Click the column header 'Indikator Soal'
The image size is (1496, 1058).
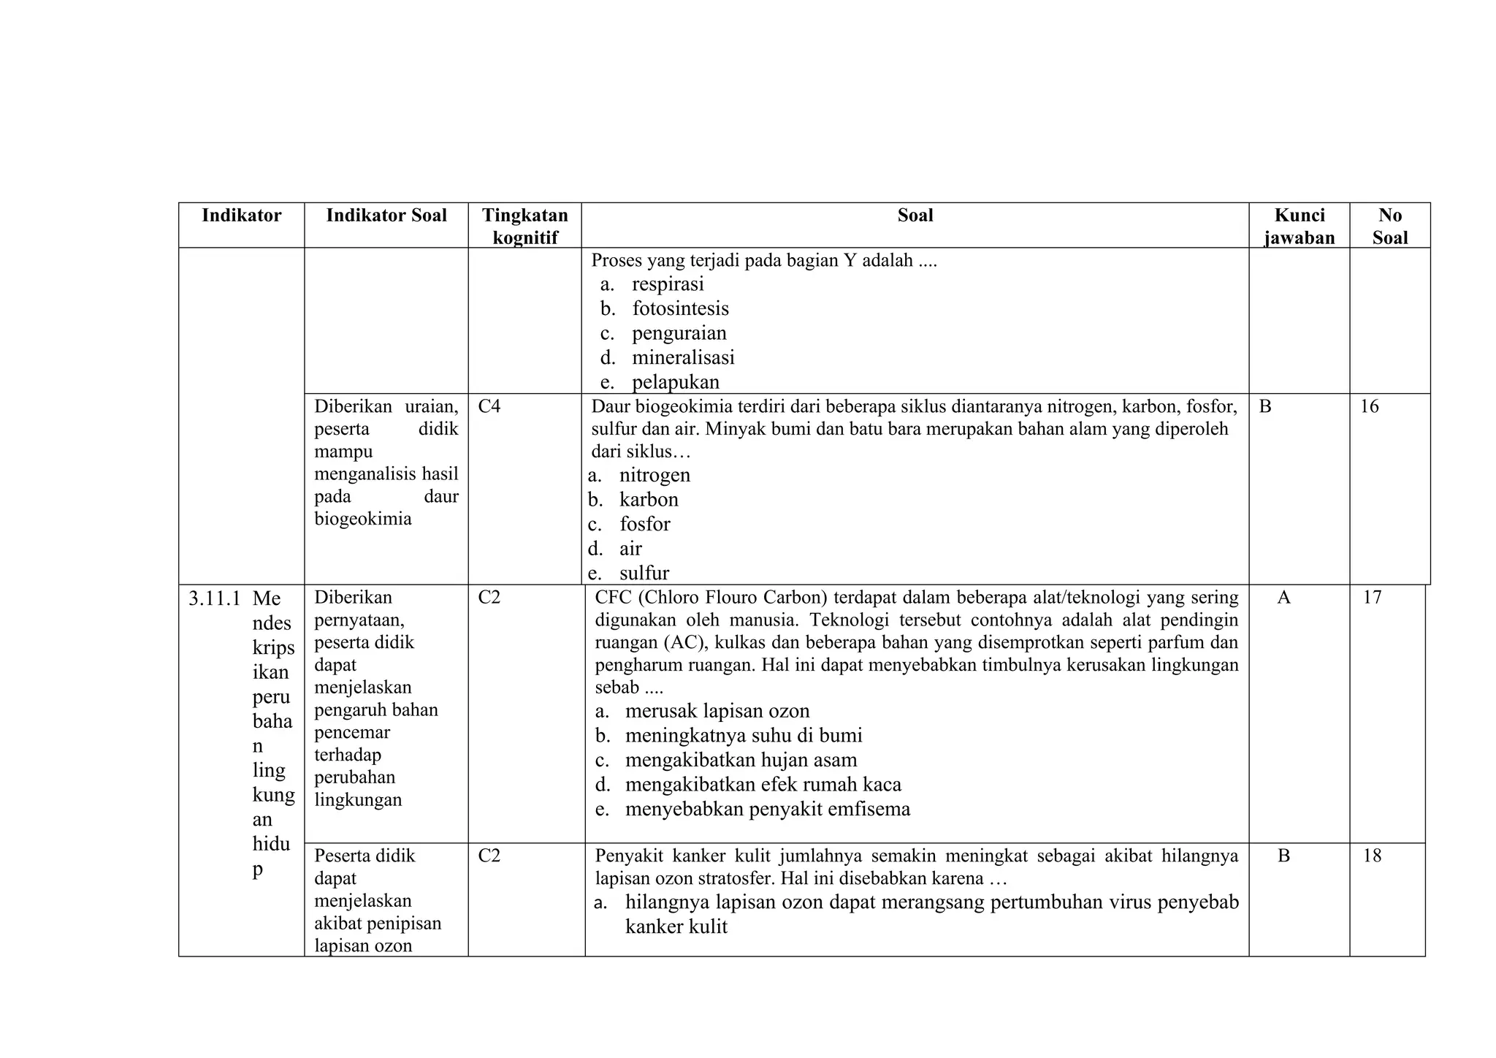(x=386, y=216)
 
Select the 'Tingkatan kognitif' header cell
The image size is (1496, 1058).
(x=524, y=226)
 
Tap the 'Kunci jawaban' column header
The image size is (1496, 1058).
(x=1299, y=226)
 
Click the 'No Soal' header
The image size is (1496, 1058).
(x=1389, y=226)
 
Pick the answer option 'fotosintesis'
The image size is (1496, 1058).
(x=680, y=308)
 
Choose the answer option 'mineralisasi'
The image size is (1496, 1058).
(x=683, y=357)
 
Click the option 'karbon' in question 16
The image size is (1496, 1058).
(x=649, y=500)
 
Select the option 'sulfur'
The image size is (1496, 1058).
(x=644, y=573)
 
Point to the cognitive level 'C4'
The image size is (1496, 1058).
(x=489, y=406)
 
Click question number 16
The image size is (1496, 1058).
(x=1369, y=406)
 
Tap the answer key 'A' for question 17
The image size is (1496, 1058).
(x=1283, y=598)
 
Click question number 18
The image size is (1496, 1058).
(x=1372, y=856)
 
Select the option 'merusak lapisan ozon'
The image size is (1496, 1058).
(x=717, y=711)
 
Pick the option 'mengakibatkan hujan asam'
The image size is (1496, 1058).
(x=741, y=760)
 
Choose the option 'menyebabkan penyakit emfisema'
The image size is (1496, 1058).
(x=767, y=809)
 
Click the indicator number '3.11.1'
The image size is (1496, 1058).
(x=214, y=599)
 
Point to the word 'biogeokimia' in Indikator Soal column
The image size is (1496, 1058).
(x=363, y=519)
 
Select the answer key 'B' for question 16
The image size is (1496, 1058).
(x=1265, y=406)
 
